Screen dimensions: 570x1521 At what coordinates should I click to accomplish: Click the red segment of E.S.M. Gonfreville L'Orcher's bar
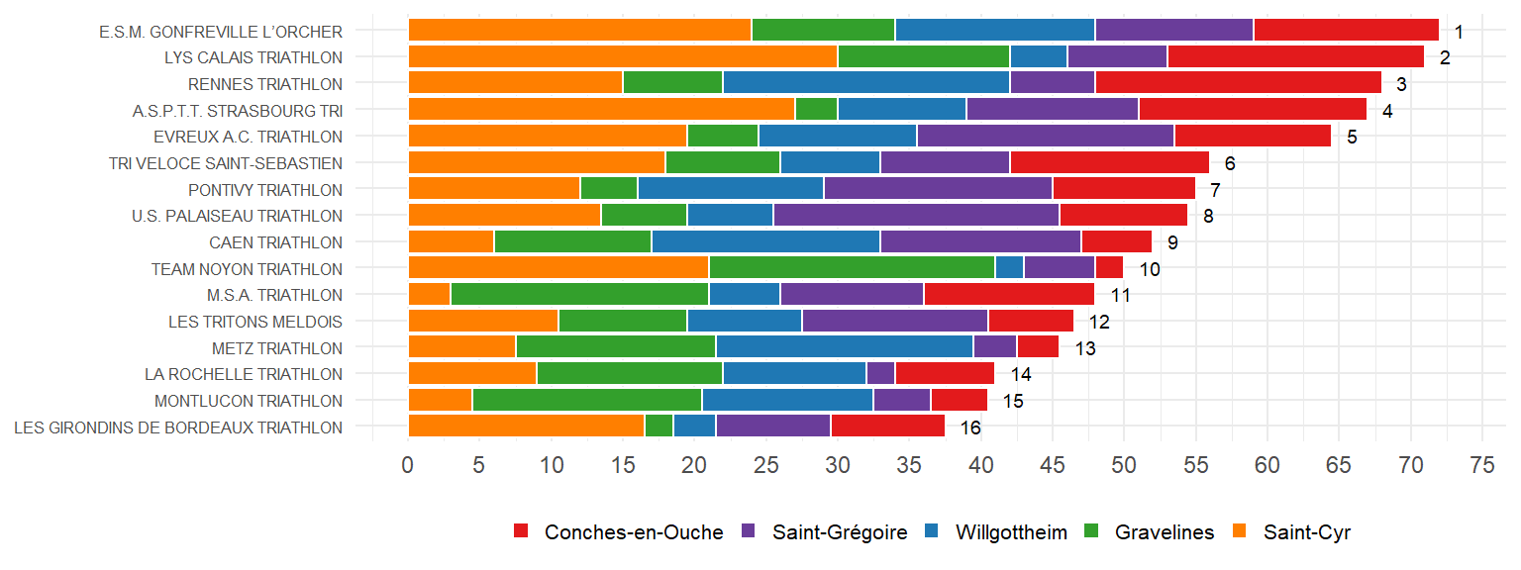coord(1346,31)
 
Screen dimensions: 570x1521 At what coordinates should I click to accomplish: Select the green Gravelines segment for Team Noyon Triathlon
coord(852,268)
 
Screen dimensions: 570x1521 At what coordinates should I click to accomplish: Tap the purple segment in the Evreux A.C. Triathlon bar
coord(1045,137)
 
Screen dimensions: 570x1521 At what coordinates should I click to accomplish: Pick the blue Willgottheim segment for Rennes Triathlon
coord(866,84)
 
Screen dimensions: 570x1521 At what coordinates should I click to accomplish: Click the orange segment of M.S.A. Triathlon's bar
coord(429,295)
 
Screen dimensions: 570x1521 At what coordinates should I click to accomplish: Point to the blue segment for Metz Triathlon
coord(845,347)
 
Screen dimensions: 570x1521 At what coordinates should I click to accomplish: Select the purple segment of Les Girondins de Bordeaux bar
coord(773,427)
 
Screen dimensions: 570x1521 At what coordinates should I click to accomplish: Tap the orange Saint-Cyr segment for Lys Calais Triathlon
coord(623,57)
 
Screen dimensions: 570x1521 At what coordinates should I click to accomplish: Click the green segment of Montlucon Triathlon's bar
coord(587,400)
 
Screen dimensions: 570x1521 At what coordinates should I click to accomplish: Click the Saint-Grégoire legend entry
coord(840,532)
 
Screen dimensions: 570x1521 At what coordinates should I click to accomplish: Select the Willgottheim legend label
coord(1011,532)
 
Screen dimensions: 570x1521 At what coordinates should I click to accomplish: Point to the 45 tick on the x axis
coord(1052,463)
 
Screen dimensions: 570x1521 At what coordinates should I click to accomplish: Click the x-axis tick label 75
coord(1481,463)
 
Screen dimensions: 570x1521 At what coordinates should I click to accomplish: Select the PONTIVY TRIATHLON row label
coord(265,190)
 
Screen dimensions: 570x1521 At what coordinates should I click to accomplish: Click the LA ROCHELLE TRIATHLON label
coord(244,374)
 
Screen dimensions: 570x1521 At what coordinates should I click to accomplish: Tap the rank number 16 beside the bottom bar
coord(969,427)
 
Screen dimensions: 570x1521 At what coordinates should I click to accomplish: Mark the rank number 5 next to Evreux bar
coord(1352,138)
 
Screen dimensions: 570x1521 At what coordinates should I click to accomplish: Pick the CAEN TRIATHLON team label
coord(275,242)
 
